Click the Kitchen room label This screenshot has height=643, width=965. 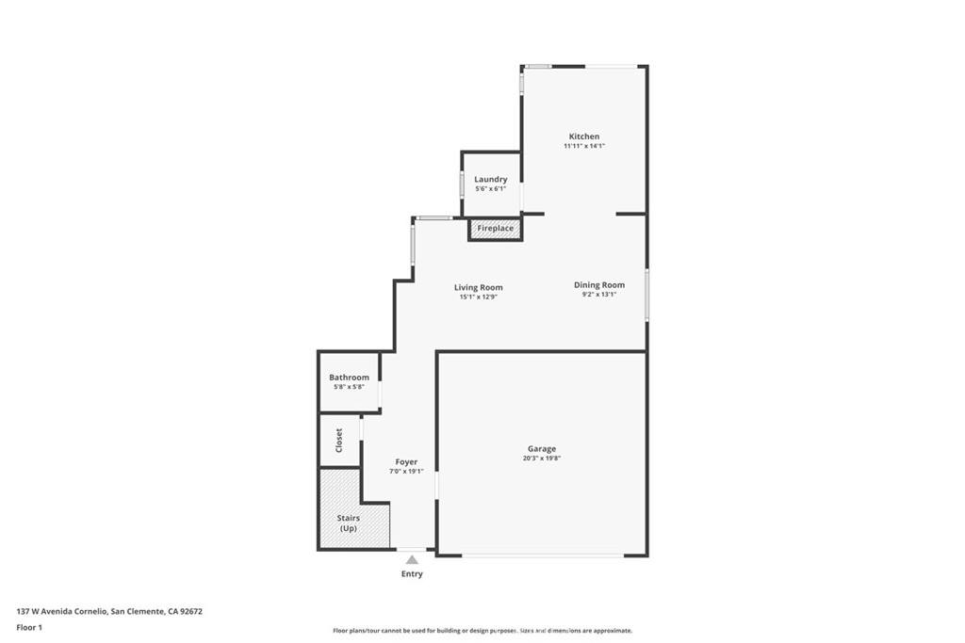coord(583,137)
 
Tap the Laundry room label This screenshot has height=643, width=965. coord(490,180)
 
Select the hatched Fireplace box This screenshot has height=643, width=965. coord(495,229)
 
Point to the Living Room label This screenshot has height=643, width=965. coord(478,287)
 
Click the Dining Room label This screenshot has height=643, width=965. coord(599,284)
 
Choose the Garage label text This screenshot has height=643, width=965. coord(541,449)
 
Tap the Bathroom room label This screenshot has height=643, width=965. coord(349,378)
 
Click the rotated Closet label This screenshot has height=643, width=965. coord(339,440)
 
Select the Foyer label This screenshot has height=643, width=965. coord(406,462)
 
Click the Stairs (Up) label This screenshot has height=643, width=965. coord(349,523)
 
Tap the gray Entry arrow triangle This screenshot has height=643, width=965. coord(412,560)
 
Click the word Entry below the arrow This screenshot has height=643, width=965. coord(412,574)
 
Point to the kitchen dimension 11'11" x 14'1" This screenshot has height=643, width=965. coord(583,146)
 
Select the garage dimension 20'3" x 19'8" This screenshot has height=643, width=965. coord(541,458)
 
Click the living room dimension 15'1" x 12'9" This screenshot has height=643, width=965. coord(478,297)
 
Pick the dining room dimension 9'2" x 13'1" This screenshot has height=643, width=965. coord(599,294)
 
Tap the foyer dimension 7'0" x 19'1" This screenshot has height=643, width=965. coord(406,471)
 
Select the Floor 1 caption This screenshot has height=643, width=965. coord(30,627)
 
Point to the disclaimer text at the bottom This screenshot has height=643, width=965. coord(482,631)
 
